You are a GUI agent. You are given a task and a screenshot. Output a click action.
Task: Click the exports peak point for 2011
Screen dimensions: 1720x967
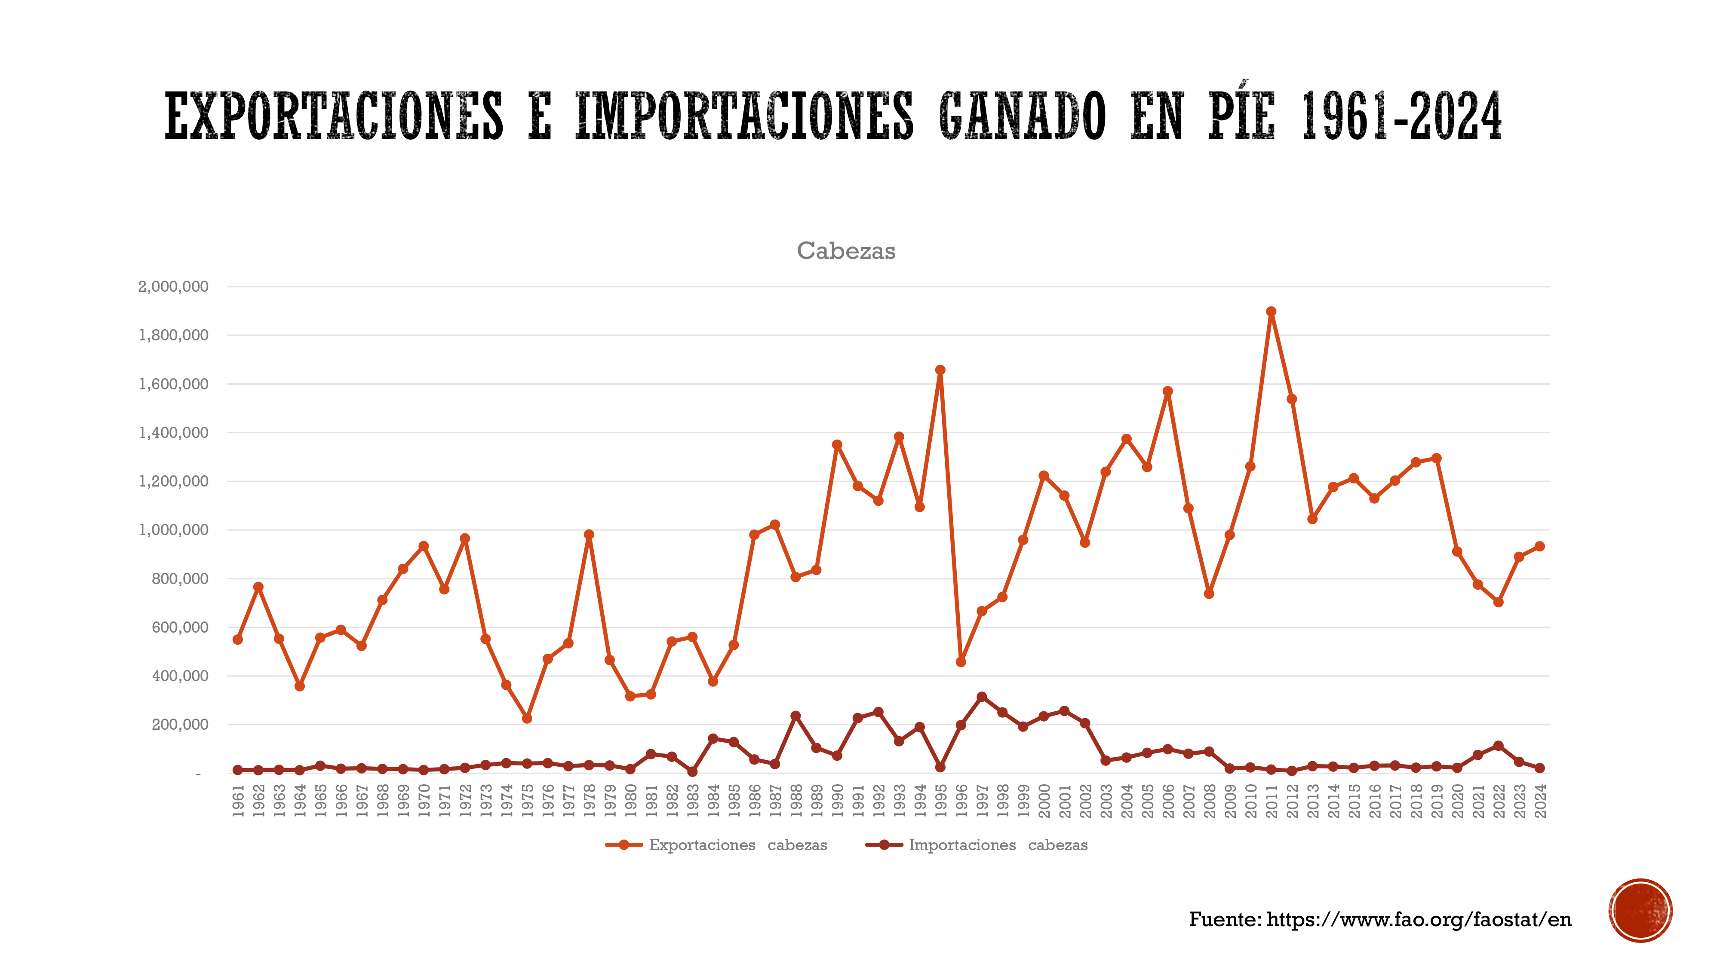click(1271, 312)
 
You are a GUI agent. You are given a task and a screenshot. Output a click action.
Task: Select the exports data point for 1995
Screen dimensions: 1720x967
click(940, 370)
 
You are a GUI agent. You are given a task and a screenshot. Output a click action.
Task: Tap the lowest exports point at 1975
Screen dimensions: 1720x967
click(527, 719)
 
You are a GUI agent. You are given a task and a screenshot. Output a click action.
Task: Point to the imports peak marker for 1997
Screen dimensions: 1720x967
click(982, 697)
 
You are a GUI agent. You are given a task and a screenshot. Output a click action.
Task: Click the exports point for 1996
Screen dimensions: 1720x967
click(961, 662)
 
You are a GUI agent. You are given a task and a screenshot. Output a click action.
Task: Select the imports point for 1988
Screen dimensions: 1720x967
click(795, 716)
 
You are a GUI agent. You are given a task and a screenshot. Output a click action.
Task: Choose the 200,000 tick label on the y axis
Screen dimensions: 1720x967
click(180, 725)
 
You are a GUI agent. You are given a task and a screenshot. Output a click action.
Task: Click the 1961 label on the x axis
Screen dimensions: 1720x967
click(238, 800)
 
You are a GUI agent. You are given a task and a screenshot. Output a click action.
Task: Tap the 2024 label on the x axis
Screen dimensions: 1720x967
click(1540, 800)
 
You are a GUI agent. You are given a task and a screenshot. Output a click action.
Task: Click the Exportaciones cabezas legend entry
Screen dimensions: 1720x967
click(716, 845)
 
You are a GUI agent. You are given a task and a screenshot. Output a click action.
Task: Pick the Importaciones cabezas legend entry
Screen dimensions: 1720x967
click(977, 845)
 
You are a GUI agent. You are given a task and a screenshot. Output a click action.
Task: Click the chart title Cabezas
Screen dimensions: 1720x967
click(846, 251)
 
